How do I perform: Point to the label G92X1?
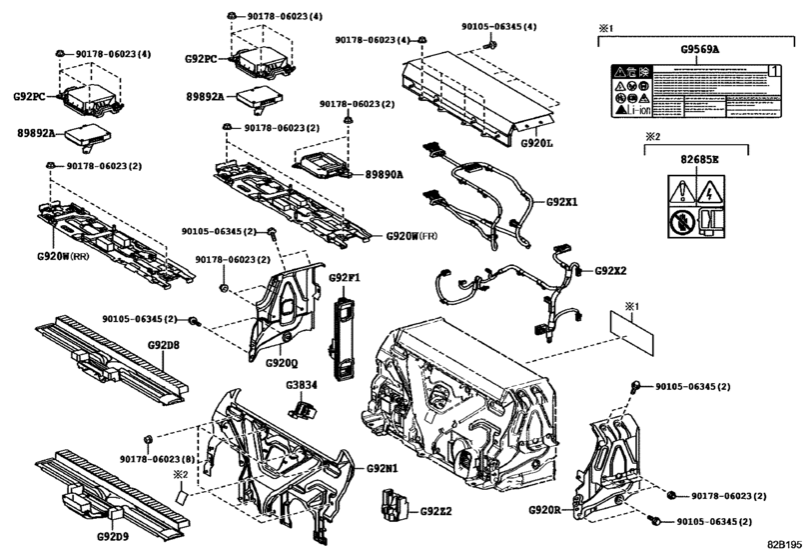[x=562, y=201]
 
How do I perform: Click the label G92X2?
[x=611, y=271]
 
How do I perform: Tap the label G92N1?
[x=382, y=468]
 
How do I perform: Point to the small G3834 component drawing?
[x=301, y=407]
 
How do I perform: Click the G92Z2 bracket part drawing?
[x=394, y=506]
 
